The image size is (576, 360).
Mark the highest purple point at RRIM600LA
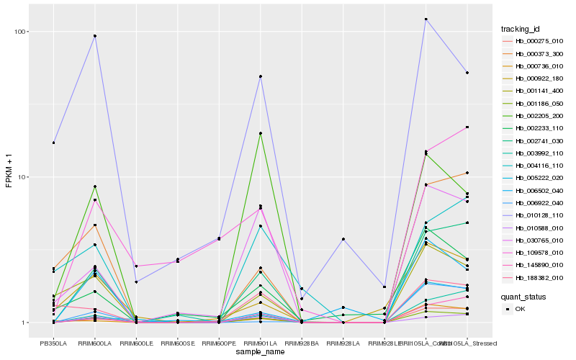[94, 36]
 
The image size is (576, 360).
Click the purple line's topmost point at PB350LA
[53, 143]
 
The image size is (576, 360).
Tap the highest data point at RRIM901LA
[260, 76]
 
